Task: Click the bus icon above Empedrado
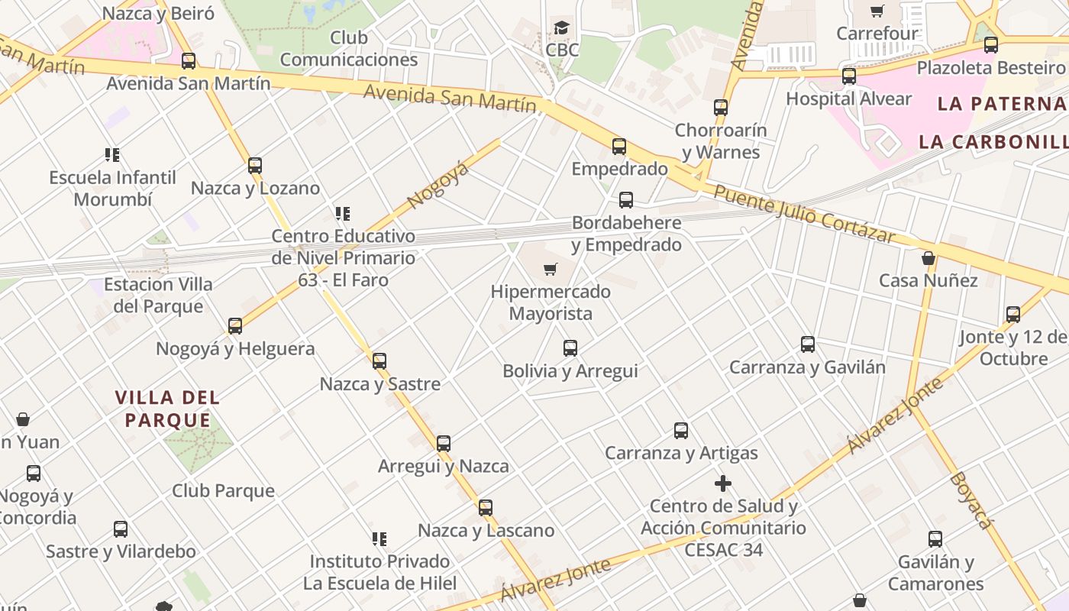619,146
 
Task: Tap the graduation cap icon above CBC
562,28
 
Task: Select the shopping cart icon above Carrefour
877,11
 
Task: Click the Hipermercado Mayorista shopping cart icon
550,269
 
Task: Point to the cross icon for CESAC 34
722,483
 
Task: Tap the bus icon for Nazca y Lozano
255,165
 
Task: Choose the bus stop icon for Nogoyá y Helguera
235,326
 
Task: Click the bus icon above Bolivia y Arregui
570,348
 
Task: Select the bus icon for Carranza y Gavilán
808,344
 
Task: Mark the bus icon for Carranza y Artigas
681,431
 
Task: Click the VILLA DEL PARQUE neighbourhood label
168,409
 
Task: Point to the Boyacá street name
972,500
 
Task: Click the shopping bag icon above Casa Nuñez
929,258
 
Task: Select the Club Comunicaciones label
349,48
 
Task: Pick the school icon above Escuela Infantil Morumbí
112,155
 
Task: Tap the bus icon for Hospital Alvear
849,76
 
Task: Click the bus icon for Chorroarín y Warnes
721,108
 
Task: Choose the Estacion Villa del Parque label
158,296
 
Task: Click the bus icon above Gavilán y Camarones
935,539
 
